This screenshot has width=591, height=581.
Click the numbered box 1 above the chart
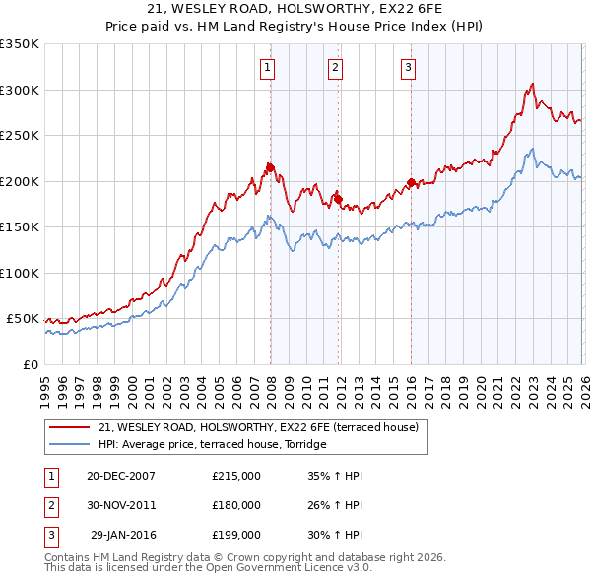point(268,68)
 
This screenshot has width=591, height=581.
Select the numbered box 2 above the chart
point(336,68)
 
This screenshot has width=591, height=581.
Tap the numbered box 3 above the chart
point(408,68)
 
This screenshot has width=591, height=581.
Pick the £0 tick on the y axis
point(30,364)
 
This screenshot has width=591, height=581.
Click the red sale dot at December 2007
point(270,167)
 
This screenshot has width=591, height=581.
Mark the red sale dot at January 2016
point(411,182)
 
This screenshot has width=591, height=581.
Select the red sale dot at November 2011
point(338,199)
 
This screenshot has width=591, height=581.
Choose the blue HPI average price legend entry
point(212,445)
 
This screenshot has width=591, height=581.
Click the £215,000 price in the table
point(236,476)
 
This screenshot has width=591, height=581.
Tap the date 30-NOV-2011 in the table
point(120,505)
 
